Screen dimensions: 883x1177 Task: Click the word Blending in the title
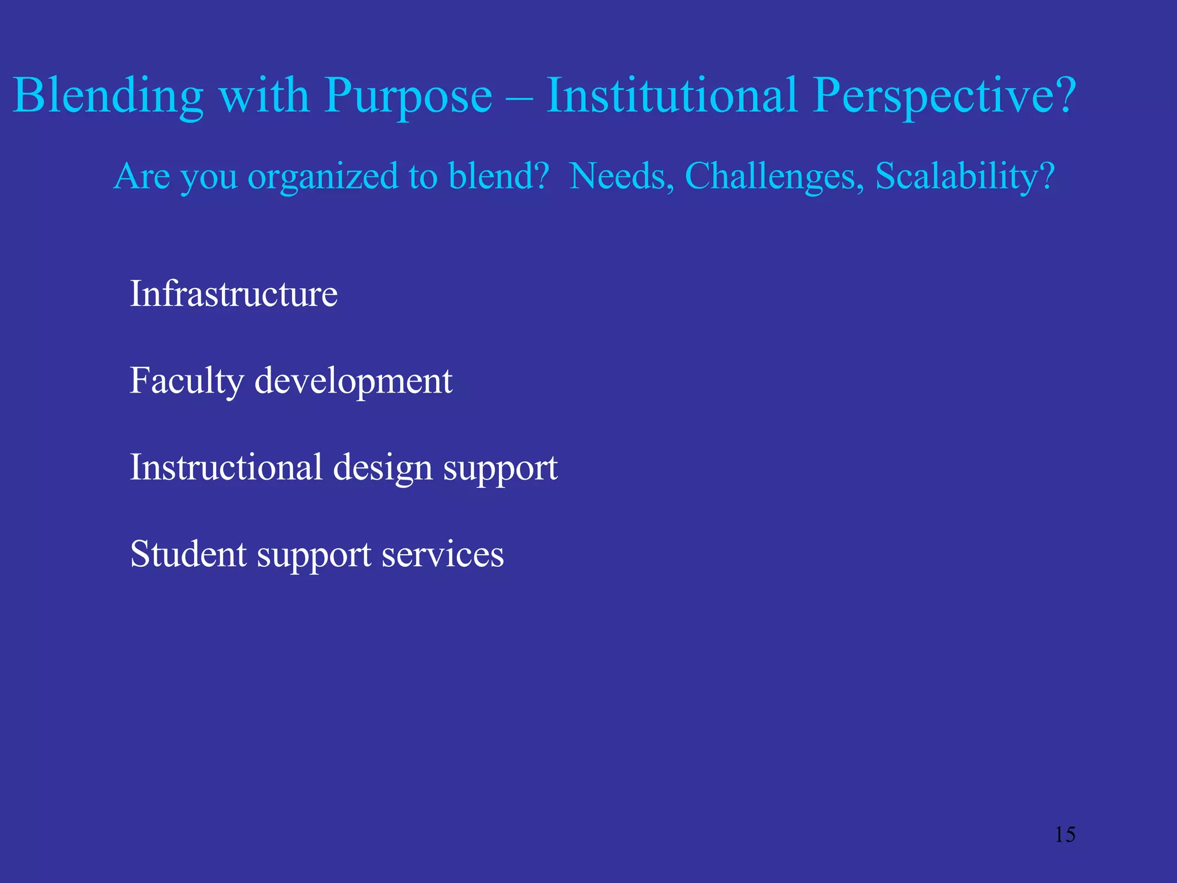click(108, 95)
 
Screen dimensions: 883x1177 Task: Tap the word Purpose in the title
click(408, 95)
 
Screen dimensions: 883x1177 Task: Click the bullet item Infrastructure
click(233, 294)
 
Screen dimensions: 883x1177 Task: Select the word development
click(353, 381)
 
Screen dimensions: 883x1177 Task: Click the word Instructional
click(226, 467)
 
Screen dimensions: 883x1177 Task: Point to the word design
click(383, 468)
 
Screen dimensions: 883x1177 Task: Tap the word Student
click(189, 554)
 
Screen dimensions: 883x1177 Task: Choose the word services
click(443, 554)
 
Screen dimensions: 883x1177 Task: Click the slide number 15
click(1065, 834)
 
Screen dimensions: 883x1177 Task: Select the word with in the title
click(264, 95)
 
